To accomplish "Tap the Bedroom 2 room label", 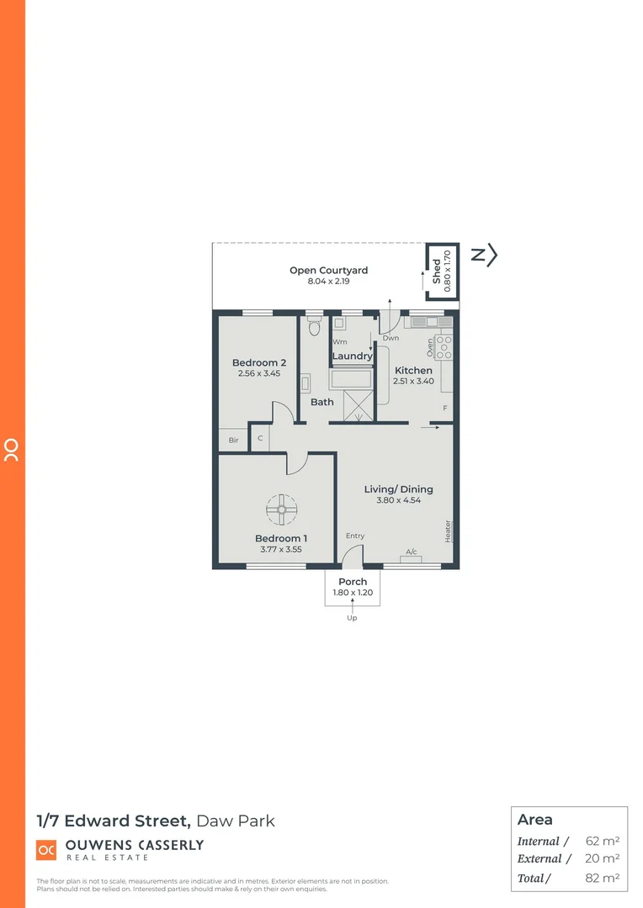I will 259,363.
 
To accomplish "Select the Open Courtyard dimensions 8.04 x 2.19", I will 328,282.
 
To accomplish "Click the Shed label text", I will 437,271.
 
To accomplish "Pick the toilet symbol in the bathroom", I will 314,326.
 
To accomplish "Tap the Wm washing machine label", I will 339,342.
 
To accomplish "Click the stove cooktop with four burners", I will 444,346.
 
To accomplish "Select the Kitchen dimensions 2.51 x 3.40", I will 413,381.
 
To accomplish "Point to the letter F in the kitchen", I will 445,409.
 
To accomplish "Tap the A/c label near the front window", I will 412,552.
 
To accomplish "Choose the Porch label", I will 353,582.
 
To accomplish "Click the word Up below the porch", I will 352,618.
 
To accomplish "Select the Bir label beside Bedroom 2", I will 233,440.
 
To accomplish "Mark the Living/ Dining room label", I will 398,489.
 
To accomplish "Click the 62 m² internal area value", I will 602,841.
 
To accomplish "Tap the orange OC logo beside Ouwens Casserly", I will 45,850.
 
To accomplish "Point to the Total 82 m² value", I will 602,878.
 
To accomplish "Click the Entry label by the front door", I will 355,536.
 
